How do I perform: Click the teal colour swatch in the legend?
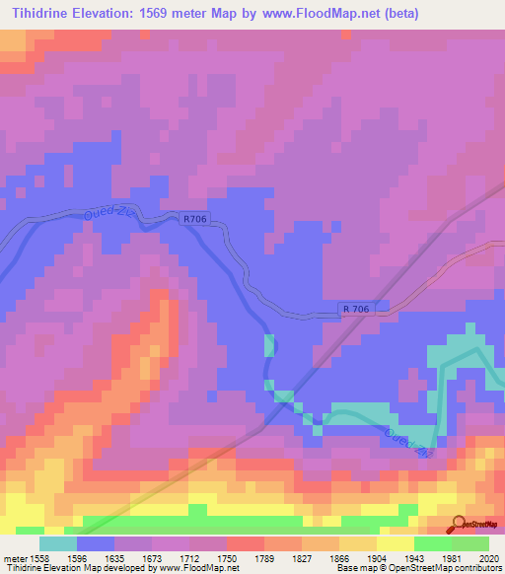[58, 543]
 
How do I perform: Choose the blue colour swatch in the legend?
[96, 543]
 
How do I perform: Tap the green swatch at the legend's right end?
[470, 543]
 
